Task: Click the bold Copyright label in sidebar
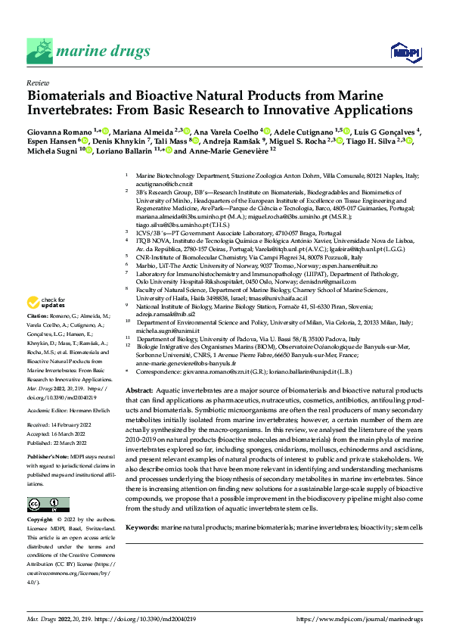[x=40, y=521]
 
